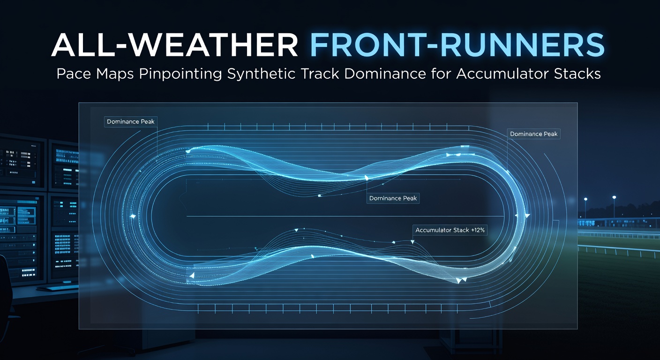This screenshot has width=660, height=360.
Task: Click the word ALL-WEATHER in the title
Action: (x=174, y=45)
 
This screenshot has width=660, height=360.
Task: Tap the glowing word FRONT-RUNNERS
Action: (x=457, y=45)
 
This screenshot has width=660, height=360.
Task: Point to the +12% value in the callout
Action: (x=478, y=230)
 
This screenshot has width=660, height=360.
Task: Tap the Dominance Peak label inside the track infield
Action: (x=393, y=198)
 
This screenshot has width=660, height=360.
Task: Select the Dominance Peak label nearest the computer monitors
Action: (x=130, y=122)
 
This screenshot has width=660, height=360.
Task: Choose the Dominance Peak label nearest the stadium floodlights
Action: (x=533, y=134)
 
